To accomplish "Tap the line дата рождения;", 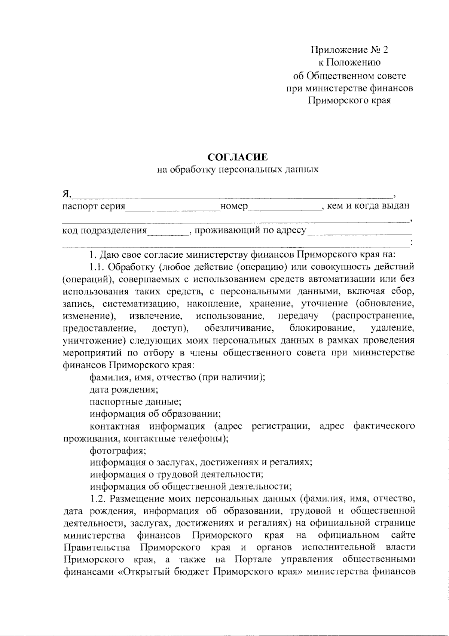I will [x=124, y=389].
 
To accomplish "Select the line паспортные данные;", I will [x=135, y=402].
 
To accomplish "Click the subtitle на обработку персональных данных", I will [x=238, y=169].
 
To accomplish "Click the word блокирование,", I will [x=322, y=328].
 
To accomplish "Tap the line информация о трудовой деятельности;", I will [x=177, y=474].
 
